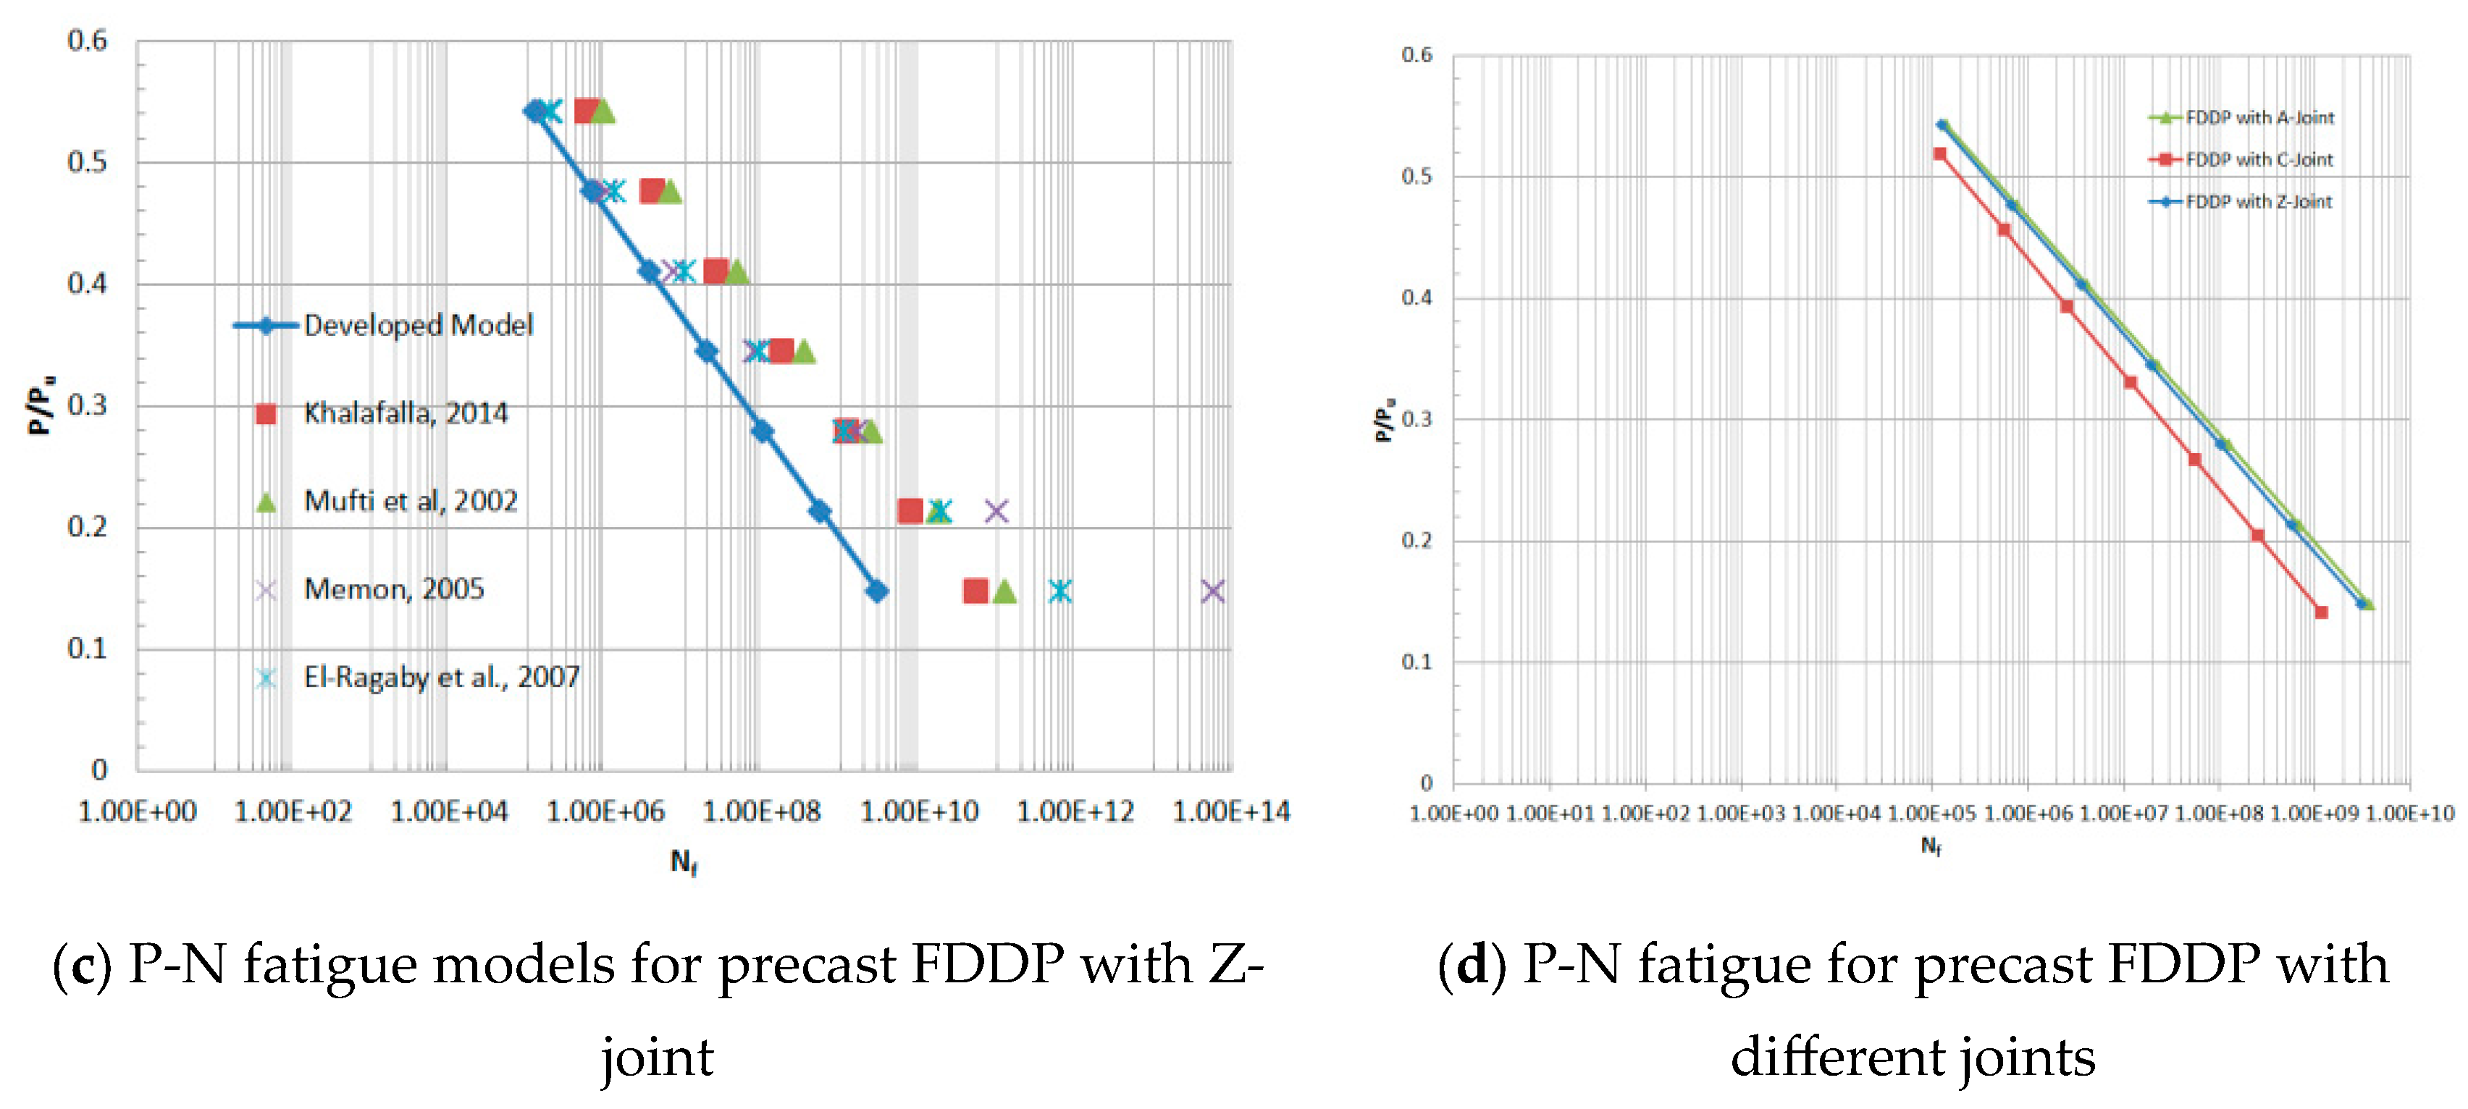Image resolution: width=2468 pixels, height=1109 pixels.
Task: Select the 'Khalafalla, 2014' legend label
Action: coord(406,414)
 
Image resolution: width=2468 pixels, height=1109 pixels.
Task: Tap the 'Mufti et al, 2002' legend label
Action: coord(410,502)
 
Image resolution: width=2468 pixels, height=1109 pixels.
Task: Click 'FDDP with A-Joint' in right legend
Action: coord(2259,118)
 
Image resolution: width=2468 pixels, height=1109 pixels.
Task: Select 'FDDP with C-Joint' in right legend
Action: coord(2259,160)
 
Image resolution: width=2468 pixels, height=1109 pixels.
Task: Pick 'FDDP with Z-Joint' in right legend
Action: coord(2259,202)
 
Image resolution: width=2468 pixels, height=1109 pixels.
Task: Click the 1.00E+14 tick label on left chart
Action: coord(1231,813)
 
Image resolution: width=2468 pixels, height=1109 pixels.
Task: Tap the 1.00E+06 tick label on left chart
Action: coord(605,813)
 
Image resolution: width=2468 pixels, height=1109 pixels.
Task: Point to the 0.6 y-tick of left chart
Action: coord(87,41)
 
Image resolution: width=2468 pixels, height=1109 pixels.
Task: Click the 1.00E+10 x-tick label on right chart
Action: coord(2409,814)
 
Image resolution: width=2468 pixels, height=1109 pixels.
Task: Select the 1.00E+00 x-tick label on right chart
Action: coord(1453,814)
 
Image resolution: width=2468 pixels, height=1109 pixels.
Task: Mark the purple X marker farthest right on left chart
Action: coord(1212,592)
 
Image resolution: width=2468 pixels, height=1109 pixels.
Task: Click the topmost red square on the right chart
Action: coord(1939,154)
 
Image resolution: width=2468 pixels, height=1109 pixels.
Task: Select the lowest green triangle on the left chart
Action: coord(1004,592)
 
